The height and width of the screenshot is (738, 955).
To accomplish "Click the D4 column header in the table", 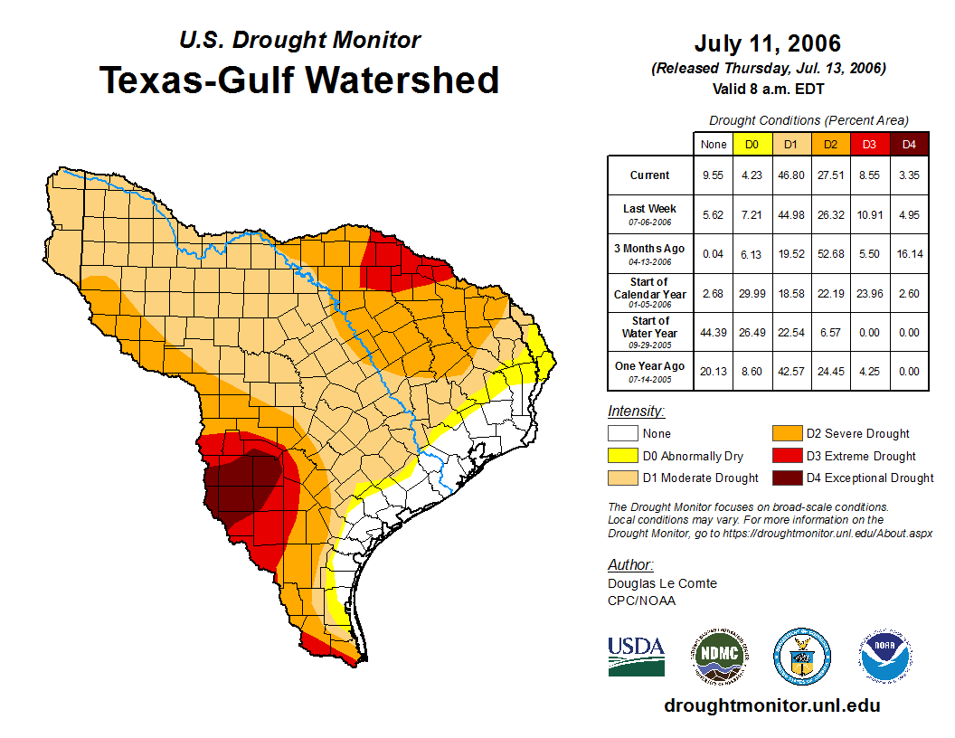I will tap(909, 144).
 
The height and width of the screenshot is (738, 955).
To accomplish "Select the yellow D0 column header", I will tap(752, 144).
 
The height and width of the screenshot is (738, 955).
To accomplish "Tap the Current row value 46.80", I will tap(790, 175).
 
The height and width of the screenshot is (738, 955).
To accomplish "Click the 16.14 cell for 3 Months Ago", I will tap(909, 254).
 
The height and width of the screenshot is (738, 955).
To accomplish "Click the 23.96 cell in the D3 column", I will tap(869, 293).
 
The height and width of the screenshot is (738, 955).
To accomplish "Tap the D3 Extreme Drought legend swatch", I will tap(786, 456).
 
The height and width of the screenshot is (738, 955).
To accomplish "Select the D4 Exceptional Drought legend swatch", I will tap(786, 478).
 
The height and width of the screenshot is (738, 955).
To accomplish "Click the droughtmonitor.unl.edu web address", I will tap(771, 705).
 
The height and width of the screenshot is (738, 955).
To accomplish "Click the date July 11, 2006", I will tap(768, 43).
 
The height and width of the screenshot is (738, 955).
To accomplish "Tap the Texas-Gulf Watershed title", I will tap(299, 80).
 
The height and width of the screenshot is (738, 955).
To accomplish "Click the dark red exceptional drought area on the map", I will tap(249, 484).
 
